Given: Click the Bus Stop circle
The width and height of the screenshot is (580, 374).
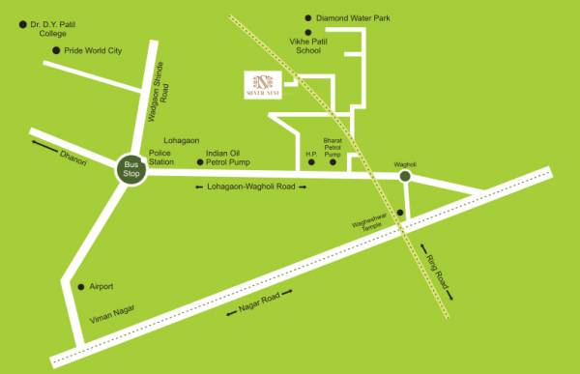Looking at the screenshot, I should (131, 169).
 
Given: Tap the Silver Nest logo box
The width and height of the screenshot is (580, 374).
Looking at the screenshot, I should (264, 84).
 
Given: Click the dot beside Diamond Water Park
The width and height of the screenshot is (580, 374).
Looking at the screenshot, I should (307, 17).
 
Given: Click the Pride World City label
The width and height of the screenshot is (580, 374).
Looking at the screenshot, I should (94, 49).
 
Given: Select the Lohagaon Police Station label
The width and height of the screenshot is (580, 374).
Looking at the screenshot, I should (161, 151).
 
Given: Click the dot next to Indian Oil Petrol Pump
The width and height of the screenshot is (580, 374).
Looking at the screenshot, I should (199, 162).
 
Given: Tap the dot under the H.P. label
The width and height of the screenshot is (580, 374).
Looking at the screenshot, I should (311, 162).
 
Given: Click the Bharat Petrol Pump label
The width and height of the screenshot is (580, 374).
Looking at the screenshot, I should (333, 147).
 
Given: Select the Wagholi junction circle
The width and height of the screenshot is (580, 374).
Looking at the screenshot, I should (405, 176).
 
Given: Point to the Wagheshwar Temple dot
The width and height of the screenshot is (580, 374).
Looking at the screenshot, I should (399, 228).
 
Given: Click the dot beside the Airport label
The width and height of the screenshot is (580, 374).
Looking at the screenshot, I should (79, 287).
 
